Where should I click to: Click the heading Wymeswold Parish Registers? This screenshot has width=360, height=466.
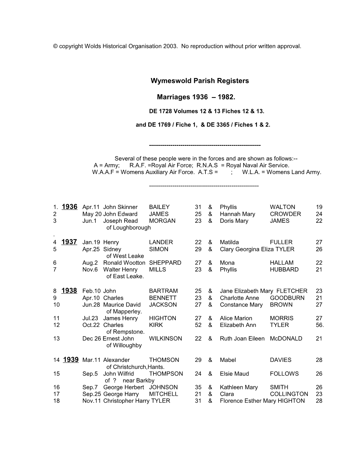pyautogui.click(x=199, y=81)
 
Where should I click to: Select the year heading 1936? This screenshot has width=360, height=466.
pyautogui.click(x=69, y=207)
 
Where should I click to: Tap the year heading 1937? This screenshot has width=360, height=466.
pyautogui.click(x=69, y=242)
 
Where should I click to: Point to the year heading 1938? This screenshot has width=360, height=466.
pyautogui.click(x=69, y=291)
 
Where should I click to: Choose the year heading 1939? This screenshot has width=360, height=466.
pyautogui.click(x=71, y=359)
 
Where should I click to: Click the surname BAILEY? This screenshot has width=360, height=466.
pyautogui.click(x=159, y=207)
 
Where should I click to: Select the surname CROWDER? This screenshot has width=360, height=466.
pyautogui.click(x=285, y=214)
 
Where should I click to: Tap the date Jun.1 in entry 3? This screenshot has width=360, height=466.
pyautogui.click(x=89, y=221)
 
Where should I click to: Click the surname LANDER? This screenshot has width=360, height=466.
pyautogui.click(x=161, y=242)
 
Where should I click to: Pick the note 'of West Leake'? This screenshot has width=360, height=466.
pyautogui.click(x=125, y=256)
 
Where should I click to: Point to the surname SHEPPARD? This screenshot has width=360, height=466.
pyautogui.click(x=165, y=263)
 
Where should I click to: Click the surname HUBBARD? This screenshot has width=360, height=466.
pyautogui.click(x=284, y=269)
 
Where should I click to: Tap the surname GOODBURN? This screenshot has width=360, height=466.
pyautogui.click(x=287, y=298)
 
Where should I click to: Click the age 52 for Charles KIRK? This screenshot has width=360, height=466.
pyautogui.click(x=198, y=325)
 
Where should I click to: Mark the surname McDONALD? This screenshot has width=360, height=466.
pyautogui.click(x=286, y=338)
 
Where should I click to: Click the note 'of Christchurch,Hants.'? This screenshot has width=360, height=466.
pyautogui.click(x=135, y=367)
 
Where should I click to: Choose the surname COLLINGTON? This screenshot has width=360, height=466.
pyautogui.click(x=289, y=394)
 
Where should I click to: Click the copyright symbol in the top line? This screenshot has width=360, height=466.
pyautogui.click(x=55, y=46)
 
